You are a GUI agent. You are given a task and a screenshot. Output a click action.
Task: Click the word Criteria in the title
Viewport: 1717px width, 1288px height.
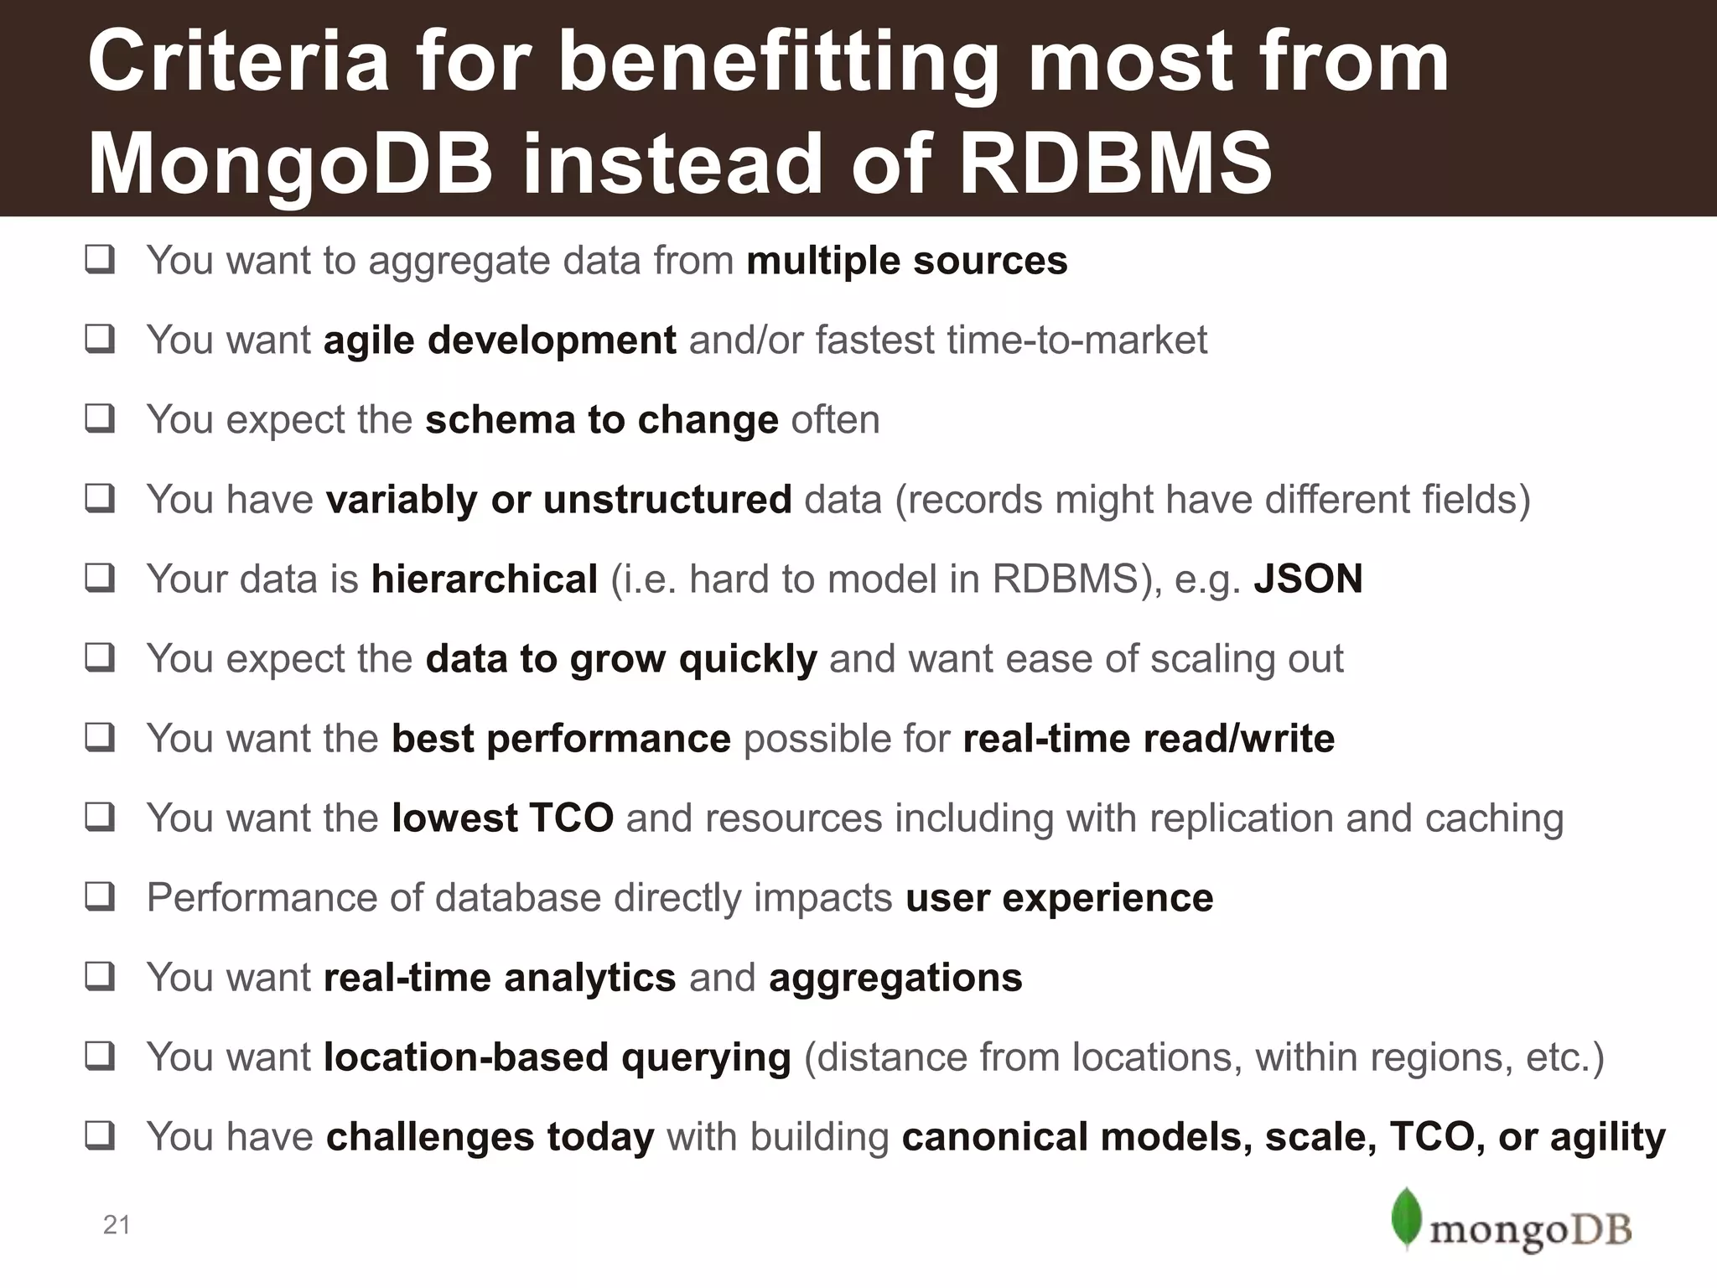(x=238, y=62)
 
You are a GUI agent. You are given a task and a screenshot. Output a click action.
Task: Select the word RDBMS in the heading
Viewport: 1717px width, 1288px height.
(x=1115, y=163)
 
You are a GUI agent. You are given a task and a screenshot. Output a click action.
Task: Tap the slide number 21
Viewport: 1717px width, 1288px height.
(x=117, y=1225)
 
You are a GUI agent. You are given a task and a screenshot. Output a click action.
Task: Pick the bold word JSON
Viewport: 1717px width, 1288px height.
(x=1308, y=579)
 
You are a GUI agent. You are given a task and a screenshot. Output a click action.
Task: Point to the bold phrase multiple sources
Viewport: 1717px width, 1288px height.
(x=906, y=261)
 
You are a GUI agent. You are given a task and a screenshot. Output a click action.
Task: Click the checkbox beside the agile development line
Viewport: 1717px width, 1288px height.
(x=100, y=340)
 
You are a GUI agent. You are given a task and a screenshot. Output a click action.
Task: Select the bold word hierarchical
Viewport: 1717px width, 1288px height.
(x=485, y=579)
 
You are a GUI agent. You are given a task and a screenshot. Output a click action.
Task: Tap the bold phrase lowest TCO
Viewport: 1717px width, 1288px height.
(x=502, y=818)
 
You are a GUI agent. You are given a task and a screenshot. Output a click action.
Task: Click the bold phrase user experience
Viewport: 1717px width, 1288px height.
(x=1059, y=897)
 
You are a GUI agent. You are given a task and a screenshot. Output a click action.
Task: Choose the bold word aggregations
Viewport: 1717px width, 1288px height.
(x=895, y=977)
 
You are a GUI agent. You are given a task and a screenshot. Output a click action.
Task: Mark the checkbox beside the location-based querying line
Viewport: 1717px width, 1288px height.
(x=100, y=1057)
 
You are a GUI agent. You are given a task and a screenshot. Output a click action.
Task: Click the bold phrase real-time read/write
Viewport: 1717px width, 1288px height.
(x=1149, y=738)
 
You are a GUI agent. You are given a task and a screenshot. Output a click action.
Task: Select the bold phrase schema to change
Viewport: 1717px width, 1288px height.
(x=601, y=419)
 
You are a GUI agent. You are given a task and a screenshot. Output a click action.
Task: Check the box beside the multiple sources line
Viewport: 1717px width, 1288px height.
(x=100, y=261)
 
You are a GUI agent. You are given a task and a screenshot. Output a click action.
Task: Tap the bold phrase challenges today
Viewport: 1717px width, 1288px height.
(x=490, y=1136)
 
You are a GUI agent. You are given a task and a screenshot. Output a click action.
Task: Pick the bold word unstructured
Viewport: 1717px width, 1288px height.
(x=667, y=499)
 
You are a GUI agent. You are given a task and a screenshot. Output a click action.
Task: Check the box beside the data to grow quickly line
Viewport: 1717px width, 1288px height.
(x=100, y=658)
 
